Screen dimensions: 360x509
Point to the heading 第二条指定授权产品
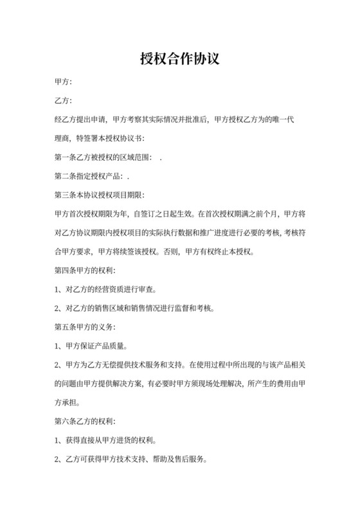(x=90, y=176)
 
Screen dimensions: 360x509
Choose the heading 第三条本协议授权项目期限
(x=100, y=195)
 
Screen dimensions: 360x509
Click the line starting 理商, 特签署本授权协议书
(x=100, y=139)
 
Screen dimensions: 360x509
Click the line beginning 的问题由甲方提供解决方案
(x=181, y=383)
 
